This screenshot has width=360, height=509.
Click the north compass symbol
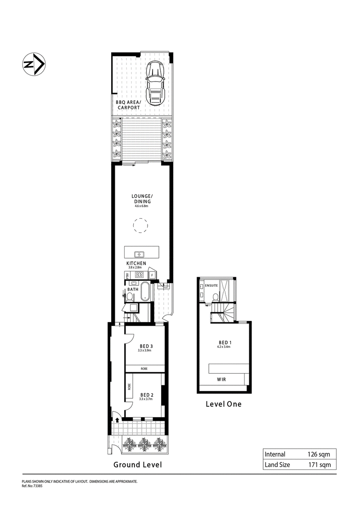tap(33, 65)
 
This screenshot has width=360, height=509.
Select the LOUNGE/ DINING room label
tap(142, 198)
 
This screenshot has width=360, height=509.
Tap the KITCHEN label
tap(136, 264)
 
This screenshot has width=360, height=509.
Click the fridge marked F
tap(152, 275)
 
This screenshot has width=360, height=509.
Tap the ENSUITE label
tap(211, 285)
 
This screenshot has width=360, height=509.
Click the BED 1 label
tap(224, 342)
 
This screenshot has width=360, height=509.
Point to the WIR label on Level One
tap(221, 379)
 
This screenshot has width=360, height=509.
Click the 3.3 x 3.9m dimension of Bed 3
tap(146, 351)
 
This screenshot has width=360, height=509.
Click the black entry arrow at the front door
tap(117, 420)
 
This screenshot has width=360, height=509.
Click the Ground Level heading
tap(137, 465)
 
